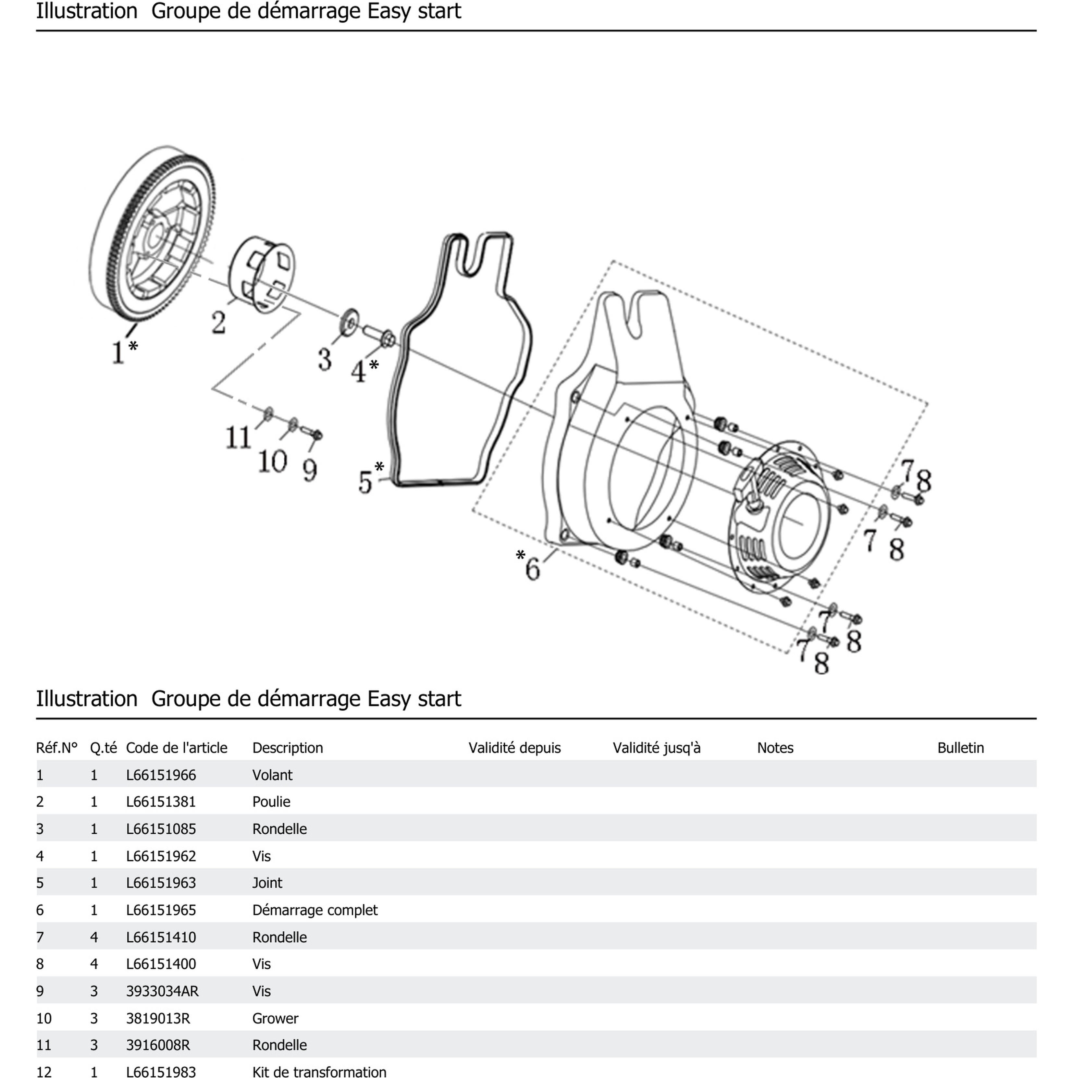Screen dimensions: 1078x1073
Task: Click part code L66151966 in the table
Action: (161, 775)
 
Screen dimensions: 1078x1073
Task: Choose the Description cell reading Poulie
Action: (271, 802)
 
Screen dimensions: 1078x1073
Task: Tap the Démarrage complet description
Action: (315, 910)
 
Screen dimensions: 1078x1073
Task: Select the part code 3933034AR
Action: (162, 991)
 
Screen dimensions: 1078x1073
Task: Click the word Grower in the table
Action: (275, 1018)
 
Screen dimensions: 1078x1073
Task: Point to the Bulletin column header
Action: (960, 748)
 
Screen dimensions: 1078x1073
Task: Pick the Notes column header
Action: (775, 748)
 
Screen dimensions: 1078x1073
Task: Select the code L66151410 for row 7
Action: (161, 937)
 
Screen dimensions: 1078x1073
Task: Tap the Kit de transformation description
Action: (319, 1071)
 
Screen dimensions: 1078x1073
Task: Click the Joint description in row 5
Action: (267, 883)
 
